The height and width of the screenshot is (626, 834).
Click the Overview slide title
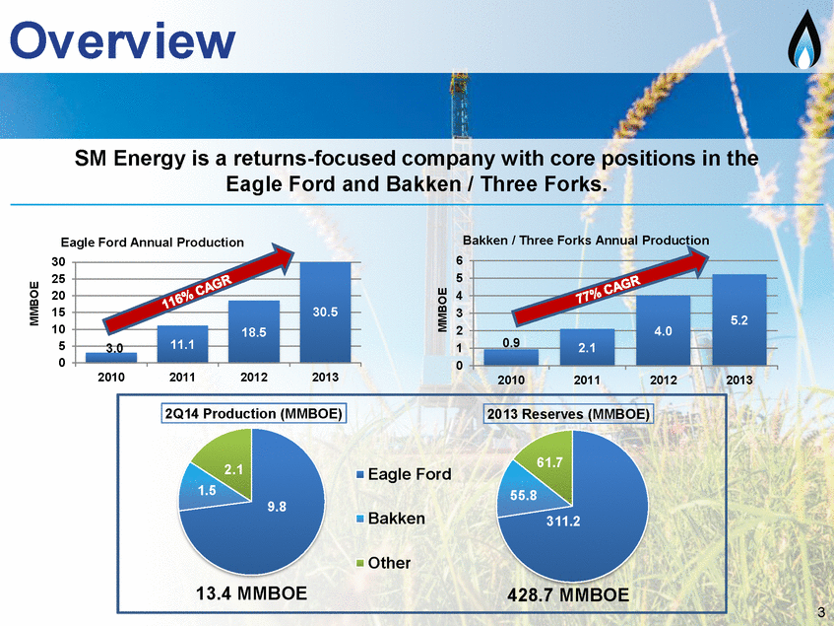click(x=122, y=40)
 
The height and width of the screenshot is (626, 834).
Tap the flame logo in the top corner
click(x=804, y=38)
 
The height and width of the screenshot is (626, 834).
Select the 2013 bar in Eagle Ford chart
click(x=325, y=312)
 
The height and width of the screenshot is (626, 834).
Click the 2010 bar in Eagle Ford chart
click(x=111, y=357)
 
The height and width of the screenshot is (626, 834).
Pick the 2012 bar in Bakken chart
click(x=664, y=330)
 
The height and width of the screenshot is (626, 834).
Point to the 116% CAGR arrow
click(x=198, y=288)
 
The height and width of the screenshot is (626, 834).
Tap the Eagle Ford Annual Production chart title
click(x=152, y=243)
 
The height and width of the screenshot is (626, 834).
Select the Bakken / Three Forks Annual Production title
click(x=586, y=241)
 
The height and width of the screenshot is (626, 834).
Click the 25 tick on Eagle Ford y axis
click(x=58, y=278)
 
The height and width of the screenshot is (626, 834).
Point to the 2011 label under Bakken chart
click(x=587, y=380)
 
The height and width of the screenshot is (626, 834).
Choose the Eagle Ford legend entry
click(x=404, y=474)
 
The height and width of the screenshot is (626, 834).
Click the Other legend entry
click(x=383, y=563)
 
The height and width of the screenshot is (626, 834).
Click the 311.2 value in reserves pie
click(x=563, y=522)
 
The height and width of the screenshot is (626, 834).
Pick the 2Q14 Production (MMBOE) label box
click(x=254, y=414)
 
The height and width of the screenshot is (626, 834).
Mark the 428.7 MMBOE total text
click(x=568, y=594)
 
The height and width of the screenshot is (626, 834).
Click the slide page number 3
click(x=821, y=611)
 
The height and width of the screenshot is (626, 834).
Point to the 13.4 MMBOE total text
click(x=252, y=593)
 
